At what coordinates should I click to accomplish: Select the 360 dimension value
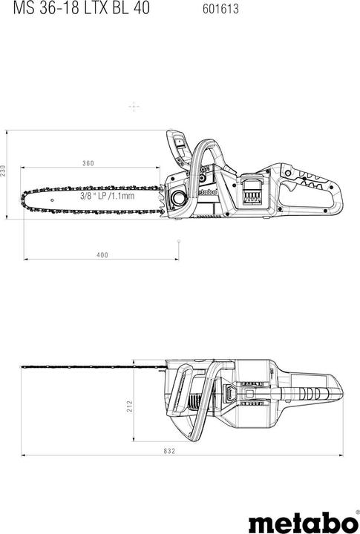pos(88,163)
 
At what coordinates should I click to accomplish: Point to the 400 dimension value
pos(102,255)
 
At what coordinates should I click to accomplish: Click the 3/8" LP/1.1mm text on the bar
pos(108,197)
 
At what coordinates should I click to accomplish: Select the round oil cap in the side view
pos(179,198)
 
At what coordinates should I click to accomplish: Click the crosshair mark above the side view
pos(134,107)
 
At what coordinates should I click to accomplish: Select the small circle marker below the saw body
pos(179,240)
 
